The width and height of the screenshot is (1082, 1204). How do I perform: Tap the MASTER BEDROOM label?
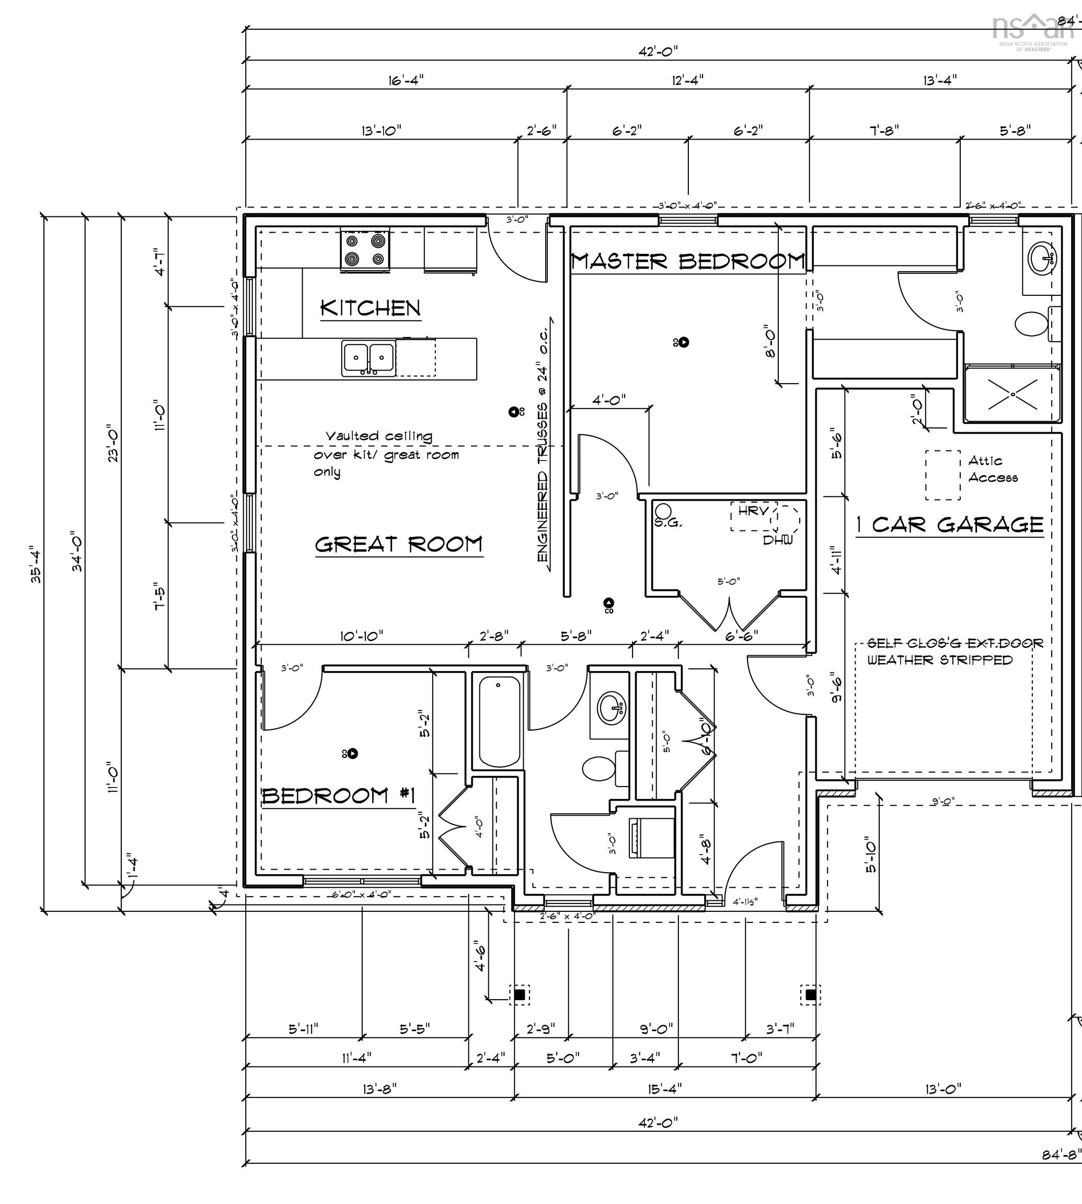688,261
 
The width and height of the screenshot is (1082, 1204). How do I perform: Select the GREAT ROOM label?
398,545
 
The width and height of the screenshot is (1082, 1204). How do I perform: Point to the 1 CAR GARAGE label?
949,525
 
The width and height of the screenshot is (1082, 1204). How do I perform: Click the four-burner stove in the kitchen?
365,250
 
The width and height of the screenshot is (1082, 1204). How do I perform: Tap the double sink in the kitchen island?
369,358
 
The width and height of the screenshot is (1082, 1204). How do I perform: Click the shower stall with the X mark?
1012,395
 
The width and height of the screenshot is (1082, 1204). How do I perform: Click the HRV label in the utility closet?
753,511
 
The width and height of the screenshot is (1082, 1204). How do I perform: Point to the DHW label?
778,540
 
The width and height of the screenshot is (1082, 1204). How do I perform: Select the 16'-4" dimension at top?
406,79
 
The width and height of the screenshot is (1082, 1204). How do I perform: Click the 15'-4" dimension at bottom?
665,1089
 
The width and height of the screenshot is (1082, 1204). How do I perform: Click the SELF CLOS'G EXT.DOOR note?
955,643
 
